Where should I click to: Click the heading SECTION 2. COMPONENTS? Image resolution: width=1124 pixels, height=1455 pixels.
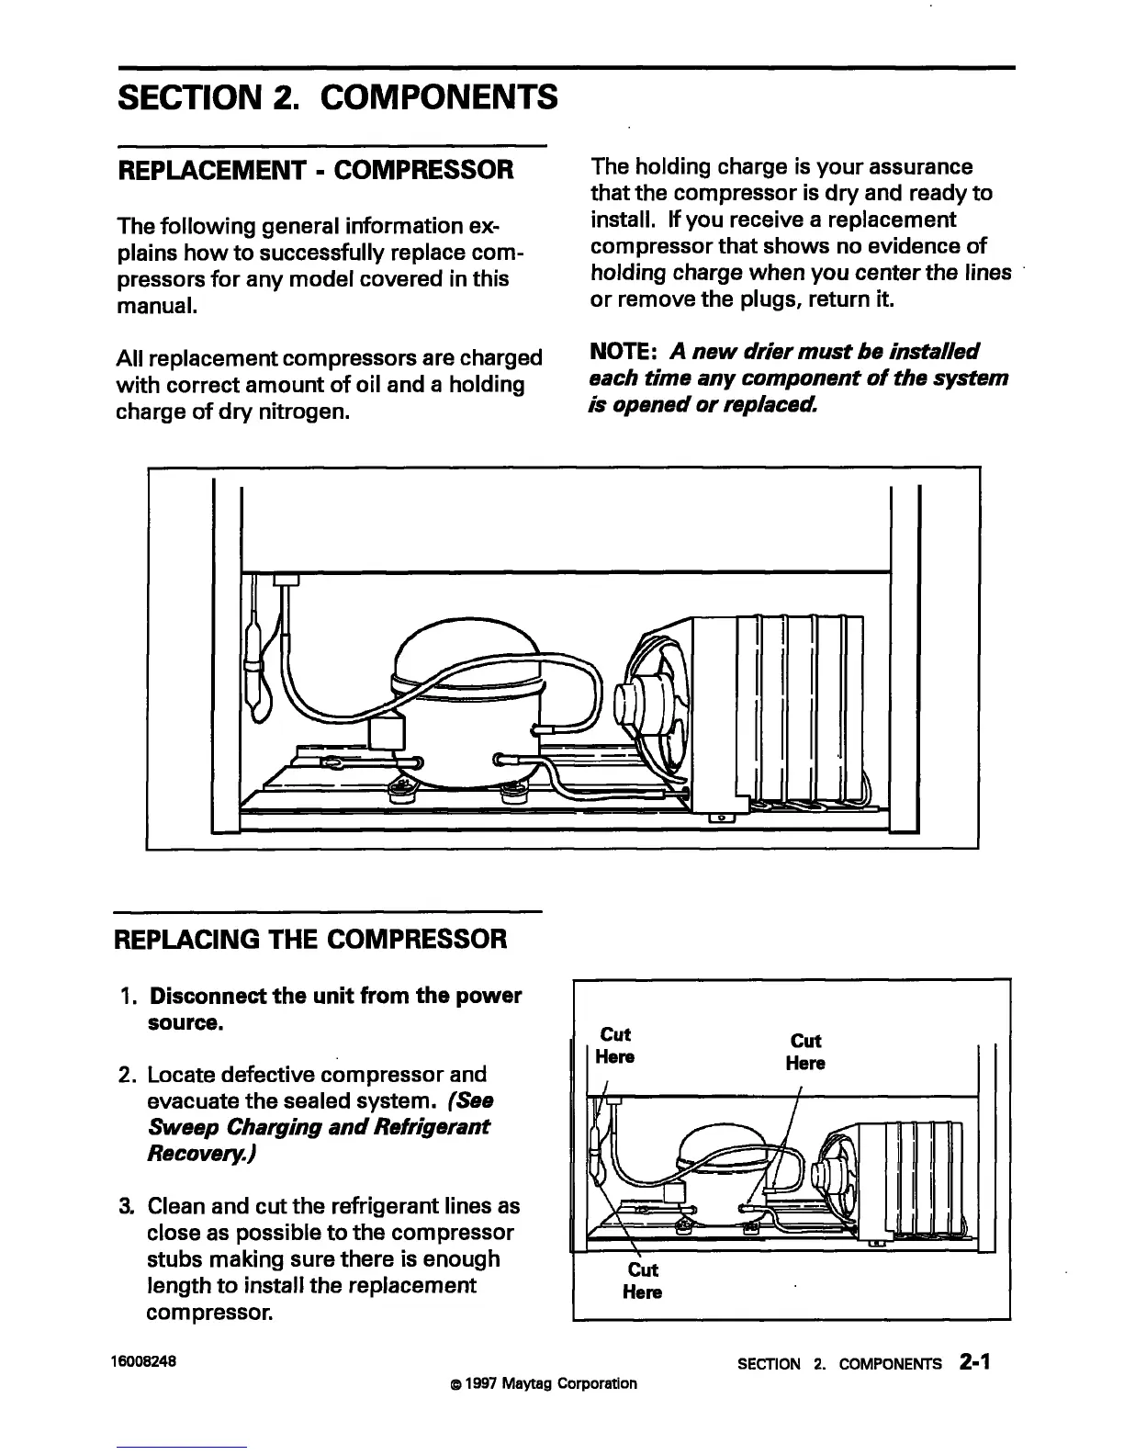tap(337, 96)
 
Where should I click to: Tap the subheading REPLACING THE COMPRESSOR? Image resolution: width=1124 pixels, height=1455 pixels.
tap(309, 940)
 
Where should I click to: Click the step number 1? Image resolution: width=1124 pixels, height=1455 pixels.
tap(129, 997)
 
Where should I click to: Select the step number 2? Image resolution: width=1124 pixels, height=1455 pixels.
tap(129, 1075)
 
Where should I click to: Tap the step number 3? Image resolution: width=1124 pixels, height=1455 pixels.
tap(129, 1205)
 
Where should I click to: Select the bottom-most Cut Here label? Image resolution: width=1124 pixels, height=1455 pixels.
tap(642, 1281)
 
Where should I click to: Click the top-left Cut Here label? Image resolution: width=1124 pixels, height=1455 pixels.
tap(614, 1045)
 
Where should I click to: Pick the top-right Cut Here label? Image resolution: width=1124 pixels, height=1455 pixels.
tap(805, 1052)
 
